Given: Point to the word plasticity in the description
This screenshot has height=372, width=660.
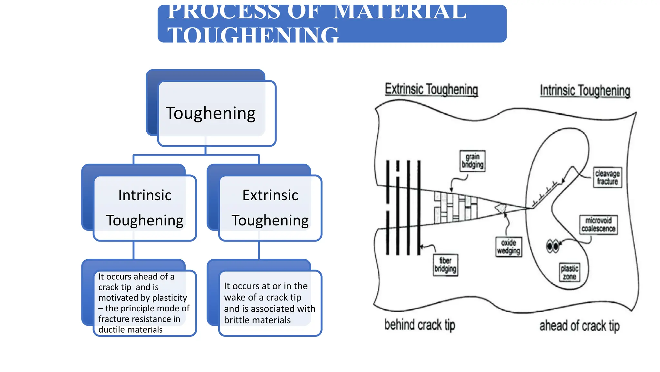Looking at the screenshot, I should click(x=170, y=298).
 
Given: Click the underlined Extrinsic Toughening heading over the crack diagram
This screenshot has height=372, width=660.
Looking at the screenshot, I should click(x=431, y=89).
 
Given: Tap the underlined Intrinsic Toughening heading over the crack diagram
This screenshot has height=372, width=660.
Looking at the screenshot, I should click(x=585, y=91).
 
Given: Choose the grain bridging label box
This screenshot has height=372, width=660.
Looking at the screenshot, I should click(x=472, y=161).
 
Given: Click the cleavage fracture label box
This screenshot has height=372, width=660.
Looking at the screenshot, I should click(x=607, y=177).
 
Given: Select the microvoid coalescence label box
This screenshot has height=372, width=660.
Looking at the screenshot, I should click(x=598, y=224).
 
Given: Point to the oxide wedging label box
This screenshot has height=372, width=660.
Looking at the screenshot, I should click(x=508, y=247).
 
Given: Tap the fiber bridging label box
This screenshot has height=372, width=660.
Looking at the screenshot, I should click(x=445, y=265).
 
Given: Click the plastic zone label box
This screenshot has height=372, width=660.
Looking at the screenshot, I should click(x=569, y=273).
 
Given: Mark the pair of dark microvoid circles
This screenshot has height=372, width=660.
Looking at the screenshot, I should click(x=553, y=246).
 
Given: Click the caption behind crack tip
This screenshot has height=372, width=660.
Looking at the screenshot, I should click(x=420, y=325).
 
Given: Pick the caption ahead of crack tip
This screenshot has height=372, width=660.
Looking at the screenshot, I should click(x=579, y=326).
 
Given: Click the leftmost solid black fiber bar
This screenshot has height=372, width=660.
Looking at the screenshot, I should click(x=388, y=207).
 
